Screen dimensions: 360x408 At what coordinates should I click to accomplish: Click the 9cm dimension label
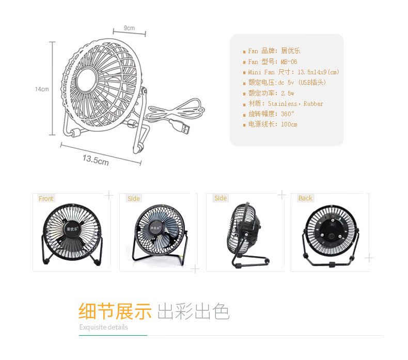point(129,27)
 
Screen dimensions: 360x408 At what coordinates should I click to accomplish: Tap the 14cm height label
point(42,89)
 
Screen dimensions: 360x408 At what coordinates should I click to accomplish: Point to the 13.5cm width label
point(96,160)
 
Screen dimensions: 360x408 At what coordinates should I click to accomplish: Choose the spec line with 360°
point(271,114)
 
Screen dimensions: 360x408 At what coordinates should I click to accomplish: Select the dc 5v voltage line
point(287,83)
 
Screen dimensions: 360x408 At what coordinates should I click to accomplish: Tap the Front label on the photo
point(46,199)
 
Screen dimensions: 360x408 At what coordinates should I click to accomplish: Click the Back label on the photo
point(305,198)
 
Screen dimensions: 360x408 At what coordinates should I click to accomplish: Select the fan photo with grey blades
point(157,231)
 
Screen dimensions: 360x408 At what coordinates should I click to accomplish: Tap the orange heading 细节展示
point(115,311)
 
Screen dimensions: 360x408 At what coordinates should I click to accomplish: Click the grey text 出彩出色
point(193,311)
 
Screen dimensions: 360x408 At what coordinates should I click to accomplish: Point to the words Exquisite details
point(103,327)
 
